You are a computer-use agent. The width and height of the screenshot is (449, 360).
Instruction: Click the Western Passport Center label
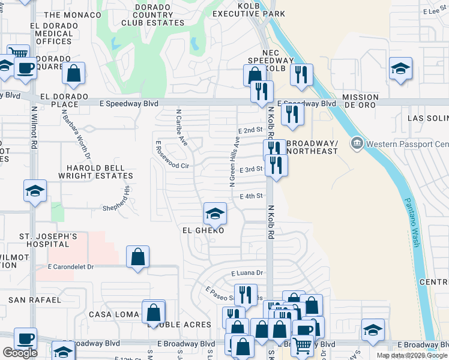407,144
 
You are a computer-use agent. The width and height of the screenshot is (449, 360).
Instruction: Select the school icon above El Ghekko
214,213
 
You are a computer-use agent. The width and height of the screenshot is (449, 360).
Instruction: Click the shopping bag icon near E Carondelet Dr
138,257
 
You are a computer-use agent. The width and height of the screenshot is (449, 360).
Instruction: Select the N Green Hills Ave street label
235,162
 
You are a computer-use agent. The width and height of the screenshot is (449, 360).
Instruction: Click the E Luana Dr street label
247,273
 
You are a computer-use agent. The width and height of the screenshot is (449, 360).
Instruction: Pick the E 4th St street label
252,196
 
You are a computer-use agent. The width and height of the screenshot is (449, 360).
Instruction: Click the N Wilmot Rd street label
34,127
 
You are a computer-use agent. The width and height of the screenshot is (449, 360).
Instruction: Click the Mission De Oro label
360,101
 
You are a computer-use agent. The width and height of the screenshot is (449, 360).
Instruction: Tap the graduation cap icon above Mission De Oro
400,68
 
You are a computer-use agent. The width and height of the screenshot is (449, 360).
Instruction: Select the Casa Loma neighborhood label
113,314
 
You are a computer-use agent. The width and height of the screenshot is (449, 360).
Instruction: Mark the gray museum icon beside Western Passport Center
357,143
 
